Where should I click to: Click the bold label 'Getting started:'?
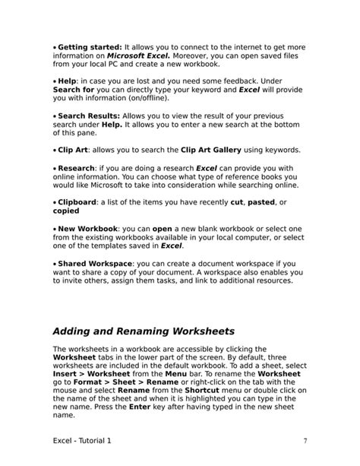point(90,48)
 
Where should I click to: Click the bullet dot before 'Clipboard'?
point(55,202)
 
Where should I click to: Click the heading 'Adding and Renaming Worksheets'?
point(143,331)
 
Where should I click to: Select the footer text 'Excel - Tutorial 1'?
point(87,440)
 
